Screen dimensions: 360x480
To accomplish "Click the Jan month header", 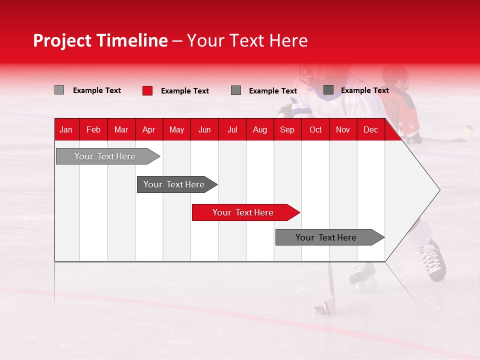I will click(66, 129).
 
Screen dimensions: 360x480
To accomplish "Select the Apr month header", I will click(148, 129).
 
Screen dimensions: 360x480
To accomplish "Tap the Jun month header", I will click(204, 129).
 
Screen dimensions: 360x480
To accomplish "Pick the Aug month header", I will click(259, 129).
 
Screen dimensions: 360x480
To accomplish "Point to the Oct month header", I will click(315, 129).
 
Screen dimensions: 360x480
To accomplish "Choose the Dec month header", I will click(370, 129).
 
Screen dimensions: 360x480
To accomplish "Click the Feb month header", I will click(93, 129).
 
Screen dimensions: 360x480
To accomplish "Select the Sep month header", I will click(287, 129).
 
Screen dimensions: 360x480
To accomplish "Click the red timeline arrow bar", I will click(245, 212).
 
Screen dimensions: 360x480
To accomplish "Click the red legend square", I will click(147, 90).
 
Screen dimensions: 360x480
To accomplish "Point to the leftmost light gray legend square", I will click(59, 90).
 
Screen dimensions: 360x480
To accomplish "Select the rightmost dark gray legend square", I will click(328, 90).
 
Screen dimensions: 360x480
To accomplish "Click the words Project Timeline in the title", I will click(100, 40).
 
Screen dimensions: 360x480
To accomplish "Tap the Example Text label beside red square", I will click(185, 91).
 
